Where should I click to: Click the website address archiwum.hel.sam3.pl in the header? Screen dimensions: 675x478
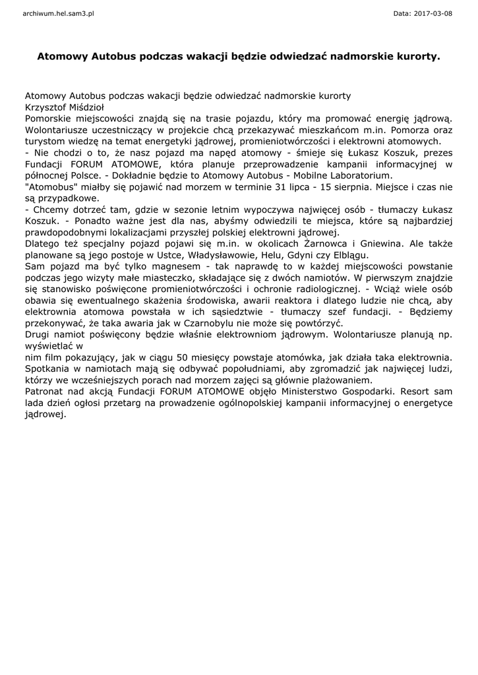click(x=58, y=13)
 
